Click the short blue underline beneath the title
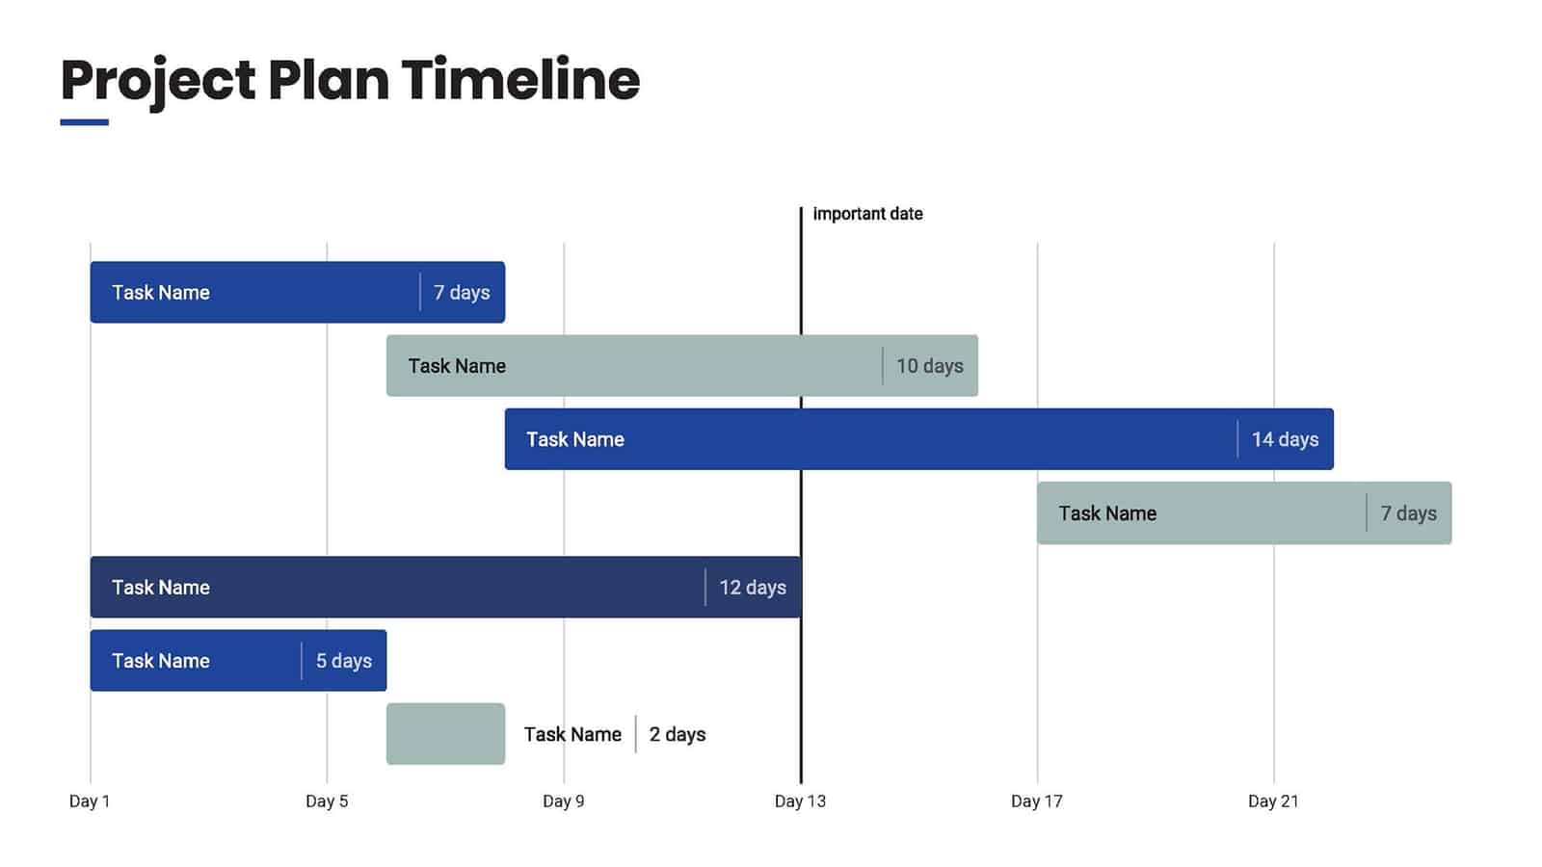click(84, 122)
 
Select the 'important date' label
click(867, 214)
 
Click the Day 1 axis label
click(90, 801)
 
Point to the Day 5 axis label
click(327, 801)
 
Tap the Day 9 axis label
click(563, 801)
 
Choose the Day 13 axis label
click(800, 801)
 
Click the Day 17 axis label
click(1036, 801)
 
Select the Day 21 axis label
click(1273, 801)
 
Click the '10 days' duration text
click(929, 366)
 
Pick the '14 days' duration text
click(1285, 439)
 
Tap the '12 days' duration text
click(752, 588)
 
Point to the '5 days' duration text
click(343, 661)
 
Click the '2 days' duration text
click(677, 735)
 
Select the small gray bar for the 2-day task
click(445, 734)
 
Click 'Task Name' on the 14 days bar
click(574, 439)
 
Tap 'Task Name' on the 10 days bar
click(456, 366)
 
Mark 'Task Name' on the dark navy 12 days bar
click(160, 588)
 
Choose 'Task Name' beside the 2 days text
click(572, 735)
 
